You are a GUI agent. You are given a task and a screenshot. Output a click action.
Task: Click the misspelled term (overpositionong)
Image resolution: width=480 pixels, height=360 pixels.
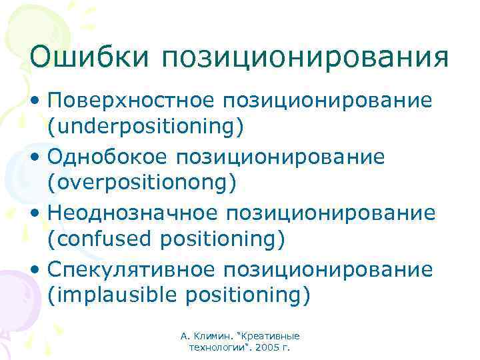(141, 182)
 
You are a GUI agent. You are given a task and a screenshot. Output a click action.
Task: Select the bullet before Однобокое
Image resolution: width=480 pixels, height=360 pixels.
(35, 158)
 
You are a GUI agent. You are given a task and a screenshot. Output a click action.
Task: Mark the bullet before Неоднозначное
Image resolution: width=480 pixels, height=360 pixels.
(35, 214)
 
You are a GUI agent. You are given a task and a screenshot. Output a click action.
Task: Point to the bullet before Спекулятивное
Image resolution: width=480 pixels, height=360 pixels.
(35, 270)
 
